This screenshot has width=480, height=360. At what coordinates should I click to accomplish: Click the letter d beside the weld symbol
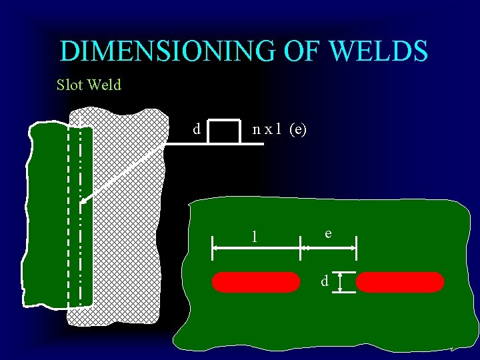coord(196,129)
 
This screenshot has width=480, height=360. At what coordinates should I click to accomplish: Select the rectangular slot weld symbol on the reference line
coord(223,131)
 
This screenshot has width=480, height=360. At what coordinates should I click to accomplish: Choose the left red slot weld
coord(256,282)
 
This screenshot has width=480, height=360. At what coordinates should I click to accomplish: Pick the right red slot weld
coord(400,282)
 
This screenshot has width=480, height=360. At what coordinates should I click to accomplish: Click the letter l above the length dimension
coord(253,236)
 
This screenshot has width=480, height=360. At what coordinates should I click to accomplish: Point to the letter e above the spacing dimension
coord(328,233)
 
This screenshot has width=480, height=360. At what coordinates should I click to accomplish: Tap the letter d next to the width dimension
coord(324,281)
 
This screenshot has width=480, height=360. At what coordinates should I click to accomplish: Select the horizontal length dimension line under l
coord(257,247)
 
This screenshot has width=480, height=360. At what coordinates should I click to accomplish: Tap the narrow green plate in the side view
coord(47,213)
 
